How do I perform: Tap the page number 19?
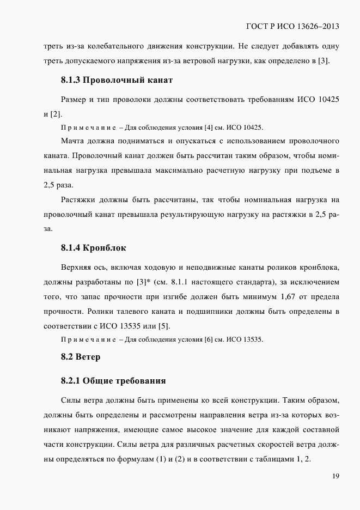335,476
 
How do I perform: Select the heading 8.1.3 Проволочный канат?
117,81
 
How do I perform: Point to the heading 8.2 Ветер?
80,358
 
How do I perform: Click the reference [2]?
56,113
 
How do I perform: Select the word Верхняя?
78,269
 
